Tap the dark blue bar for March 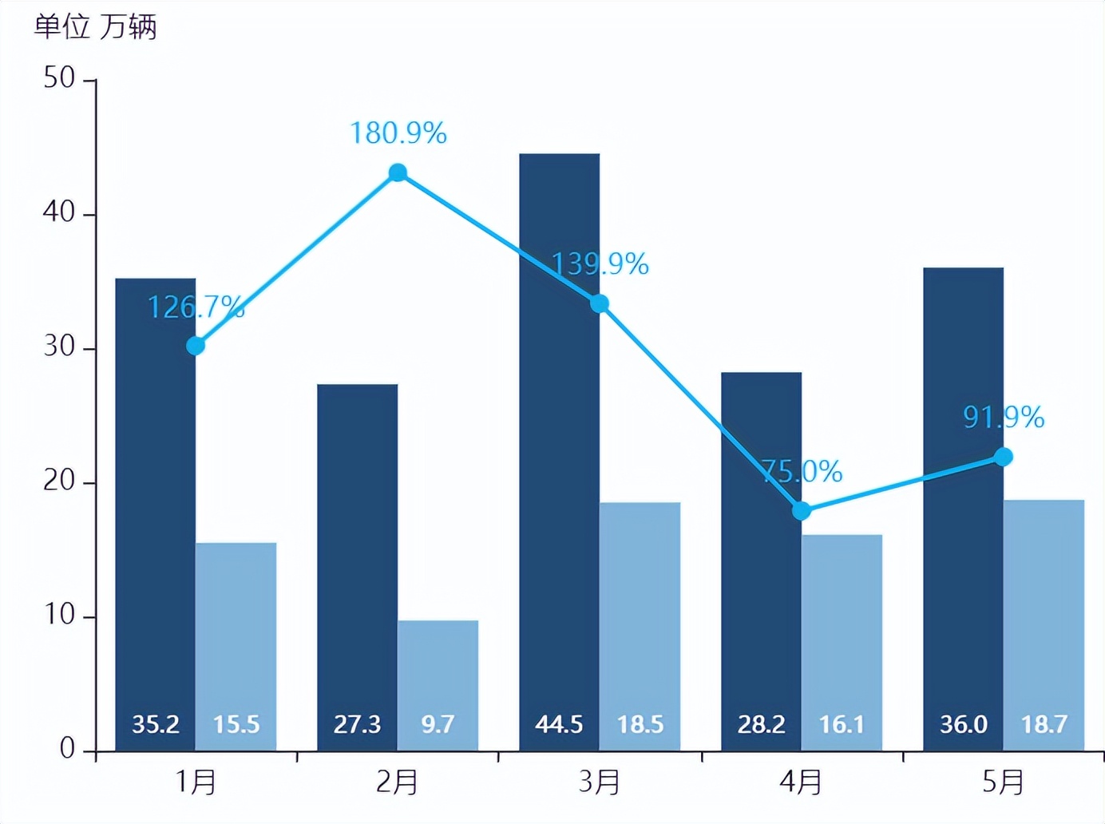click(559, 447)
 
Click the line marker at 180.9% click(398, 172)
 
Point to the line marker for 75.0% click(801, 510)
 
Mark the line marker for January click(196, 346)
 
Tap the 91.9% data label click(1004, 417)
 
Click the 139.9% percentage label click(600, 263)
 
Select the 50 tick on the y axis click(59, 78)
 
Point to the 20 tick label click(59, 481)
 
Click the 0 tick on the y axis click(67, 749)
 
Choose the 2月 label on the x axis click(397, 782)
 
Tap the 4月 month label click(801, 782)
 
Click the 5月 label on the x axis click(1003, 782)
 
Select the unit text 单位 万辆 click(95, 27)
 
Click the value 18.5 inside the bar click(640, 724)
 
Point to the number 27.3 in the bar click(357, 724)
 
